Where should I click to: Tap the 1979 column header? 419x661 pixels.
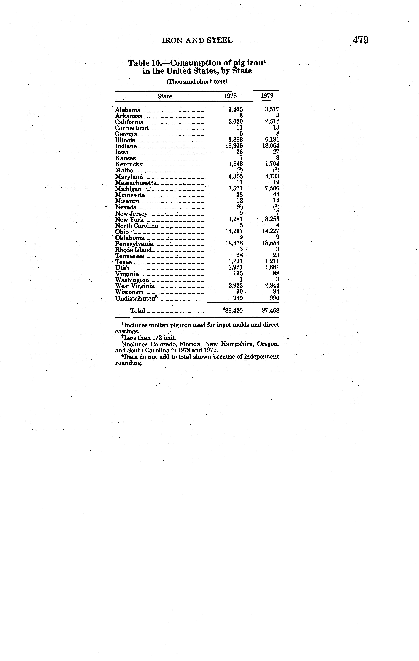click(x=267, y=96)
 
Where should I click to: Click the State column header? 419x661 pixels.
click(x=165, y=96)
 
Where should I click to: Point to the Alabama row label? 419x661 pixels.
click(x=128, y=110)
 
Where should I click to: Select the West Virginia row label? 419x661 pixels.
click(x=135, y=286)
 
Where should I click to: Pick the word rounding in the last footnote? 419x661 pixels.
click(x=129, y=363)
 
